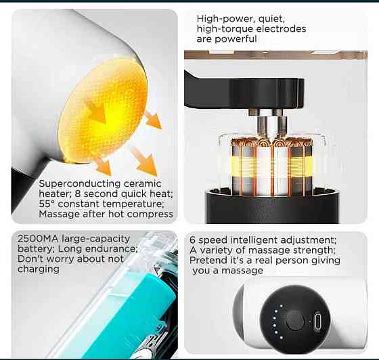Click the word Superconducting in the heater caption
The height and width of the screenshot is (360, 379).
80,184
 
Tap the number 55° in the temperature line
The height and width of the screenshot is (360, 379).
47,204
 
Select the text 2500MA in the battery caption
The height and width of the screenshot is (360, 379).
38,239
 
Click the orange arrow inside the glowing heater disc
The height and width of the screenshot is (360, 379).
97,112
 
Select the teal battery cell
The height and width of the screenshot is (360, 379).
132,317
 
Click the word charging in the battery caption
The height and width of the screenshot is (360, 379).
39,269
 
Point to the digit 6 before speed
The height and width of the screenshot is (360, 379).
192,240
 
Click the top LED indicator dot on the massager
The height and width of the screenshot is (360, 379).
282,306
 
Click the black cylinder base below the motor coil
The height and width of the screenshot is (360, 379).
272,207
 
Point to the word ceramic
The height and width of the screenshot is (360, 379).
142,184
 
